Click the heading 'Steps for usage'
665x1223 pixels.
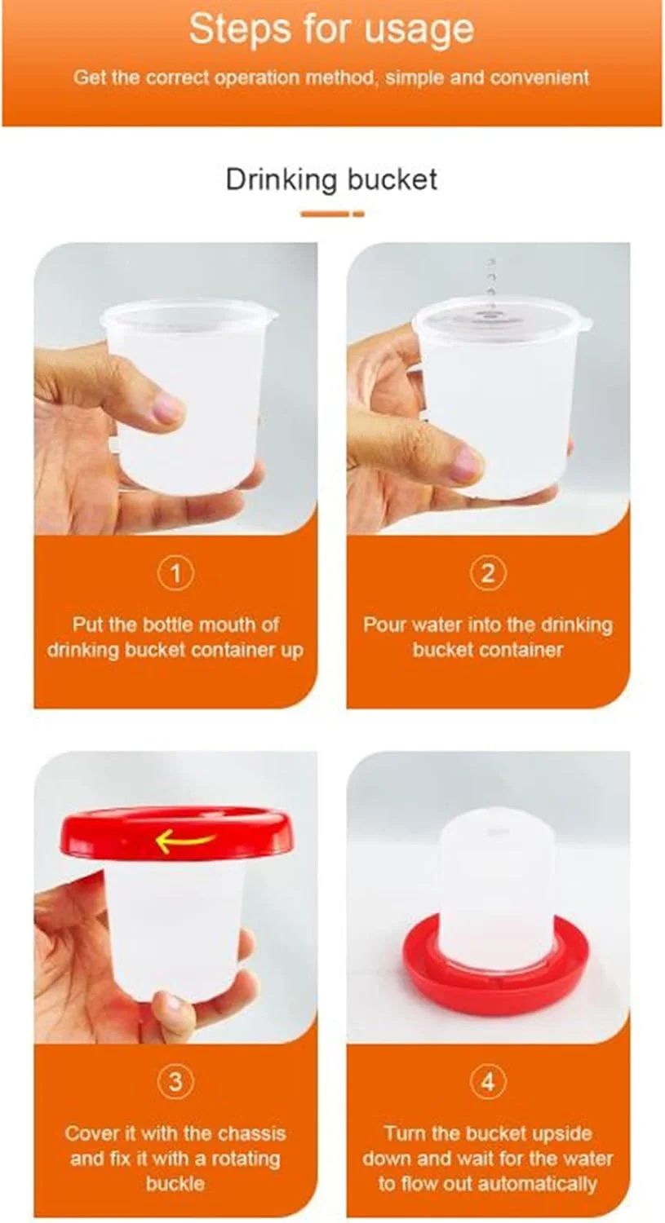(x=331, y=30)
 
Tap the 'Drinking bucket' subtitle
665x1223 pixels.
(x=331, y=179)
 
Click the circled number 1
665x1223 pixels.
(x=175, y=573)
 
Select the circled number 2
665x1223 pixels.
(x=488, y=573)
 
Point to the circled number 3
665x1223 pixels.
(x=175, y=1082)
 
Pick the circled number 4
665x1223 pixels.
(x=488, y=1082)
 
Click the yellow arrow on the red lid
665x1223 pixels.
(x=184, y=841)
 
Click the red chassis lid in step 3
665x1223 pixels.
(x=176, y=835)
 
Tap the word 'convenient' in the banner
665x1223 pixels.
(x=539, y=78)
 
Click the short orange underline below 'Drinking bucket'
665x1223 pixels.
(x=332, y=214)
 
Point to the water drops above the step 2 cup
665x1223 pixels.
(x=491, y=279)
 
